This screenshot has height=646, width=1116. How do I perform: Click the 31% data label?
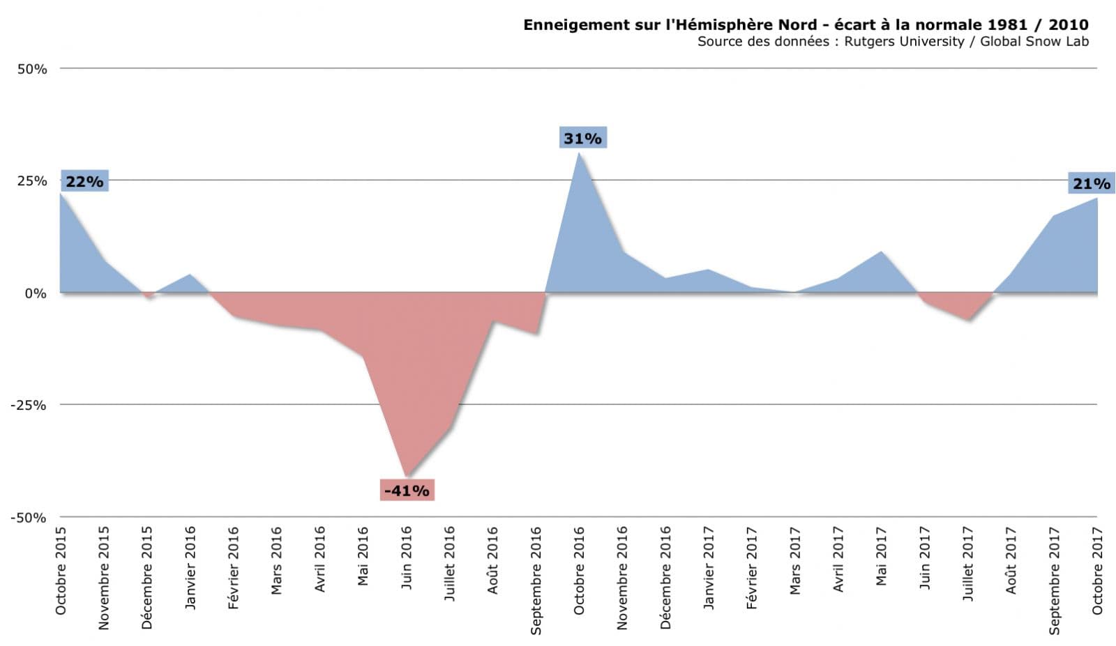tap(582, 138)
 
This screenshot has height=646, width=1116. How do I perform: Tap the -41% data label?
tap(407, 491)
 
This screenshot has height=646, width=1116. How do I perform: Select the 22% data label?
tap(84, 181)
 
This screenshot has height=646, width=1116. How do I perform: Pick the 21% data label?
tap(1091, 183)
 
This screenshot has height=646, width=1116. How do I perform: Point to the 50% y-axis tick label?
tap(32, 69)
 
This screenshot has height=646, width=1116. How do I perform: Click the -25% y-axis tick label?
tap(28, 406)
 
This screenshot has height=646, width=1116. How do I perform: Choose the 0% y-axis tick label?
tap(36, 293)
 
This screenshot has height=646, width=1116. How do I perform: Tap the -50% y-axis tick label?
tap(28, 518)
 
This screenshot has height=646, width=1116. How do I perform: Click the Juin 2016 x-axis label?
tap(407, 557)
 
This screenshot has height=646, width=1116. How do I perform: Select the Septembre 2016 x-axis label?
tap(536, 580)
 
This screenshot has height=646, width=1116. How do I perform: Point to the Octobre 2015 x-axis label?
tap(61, 571)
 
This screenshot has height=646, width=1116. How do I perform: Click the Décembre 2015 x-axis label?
tap(147, 578)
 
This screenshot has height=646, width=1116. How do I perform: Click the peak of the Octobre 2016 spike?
tap(579, 153)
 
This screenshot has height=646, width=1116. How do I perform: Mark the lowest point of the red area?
tap(407, 476)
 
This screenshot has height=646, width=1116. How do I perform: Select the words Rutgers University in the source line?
tap(904, 41)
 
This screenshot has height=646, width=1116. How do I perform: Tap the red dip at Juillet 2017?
tap(968, 319)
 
